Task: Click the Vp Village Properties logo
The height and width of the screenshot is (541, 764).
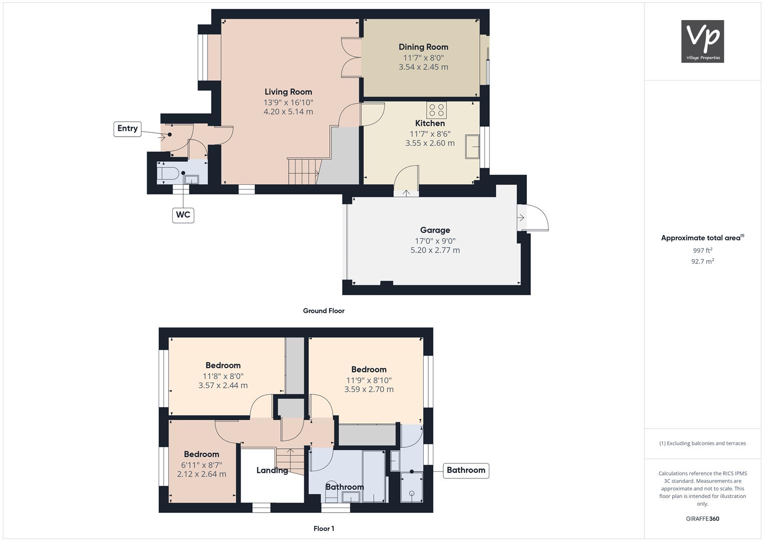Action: [702, 41]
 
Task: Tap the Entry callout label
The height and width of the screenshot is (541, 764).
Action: [127, 129]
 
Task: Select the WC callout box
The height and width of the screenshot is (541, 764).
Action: [183, 215]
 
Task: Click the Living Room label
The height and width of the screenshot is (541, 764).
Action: [288, 92]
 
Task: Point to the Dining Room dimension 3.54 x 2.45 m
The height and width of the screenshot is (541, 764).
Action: [423, 67]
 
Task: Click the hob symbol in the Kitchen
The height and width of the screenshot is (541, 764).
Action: [437, 110]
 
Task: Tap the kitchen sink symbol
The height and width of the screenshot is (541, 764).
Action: [472, 146]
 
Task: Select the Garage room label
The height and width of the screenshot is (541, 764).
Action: [435, 230]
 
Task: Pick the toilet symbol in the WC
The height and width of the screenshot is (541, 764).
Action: [168, 173]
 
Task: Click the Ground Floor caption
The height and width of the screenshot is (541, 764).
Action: [324, 311]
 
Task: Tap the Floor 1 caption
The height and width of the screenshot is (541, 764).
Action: [324, 528]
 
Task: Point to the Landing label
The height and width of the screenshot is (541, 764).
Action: [272, 470]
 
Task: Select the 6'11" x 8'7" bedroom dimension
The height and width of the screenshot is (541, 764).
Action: [202, 465]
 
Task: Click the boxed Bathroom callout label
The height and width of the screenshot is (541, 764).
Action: [466, 470]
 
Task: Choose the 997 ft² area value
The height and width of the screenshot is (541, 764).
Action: [702, 250]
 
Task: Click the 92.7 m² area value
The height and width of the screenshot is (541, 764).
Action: [702, 261]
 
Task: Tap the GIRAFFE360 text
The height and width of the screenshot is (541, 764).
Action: [702, 519]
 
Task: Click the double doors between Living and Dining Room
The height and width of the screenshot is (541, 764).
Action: [351, 58]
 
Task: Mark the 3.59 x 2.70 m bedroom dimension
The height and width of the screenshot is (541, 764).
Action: [369, 389]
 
